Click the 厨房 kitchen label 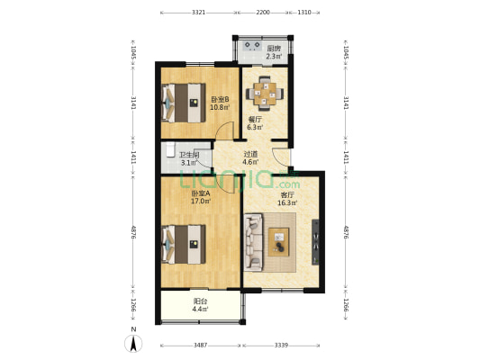click(x=274, y=49)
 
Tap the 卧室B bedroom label click(x=219, y=99)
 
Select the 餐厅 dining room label click(x=255, y=119)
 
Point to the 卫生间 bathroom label click(x=189, y=155)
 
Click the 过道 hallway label click(x=251, y=154)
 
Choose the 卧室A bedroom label click(x=200, y=193)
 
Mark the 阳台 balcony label click(x=200, y=302)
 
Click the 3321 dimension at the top click(x=199, y=13)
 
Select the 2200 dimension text click(x=262, y=13)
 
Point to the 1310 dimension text click(x=304, y=13)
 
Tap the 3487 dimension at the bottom click(x=200, y=345)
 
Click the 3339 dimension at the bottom click(x=281, y=345)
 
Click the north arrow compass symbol click(x=133, y=342)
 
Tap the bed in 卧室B click(x=182, y=103)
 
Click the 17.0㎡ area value click(x=200, y=202)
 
